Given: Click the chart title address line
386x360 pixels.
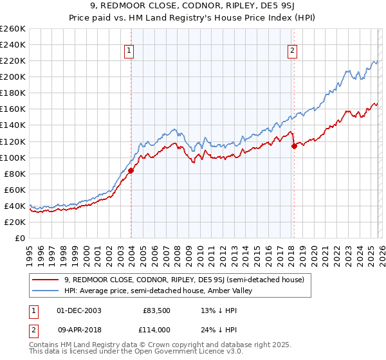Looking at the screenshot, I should tap(193, 6).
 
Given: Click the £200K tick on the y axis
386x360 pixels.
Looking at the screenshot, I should tap(13, 76).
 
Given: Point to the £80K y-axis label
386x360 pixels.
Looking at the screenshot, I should tap(15, 174).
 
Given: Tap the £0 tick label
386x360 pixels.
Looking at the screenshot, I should tap(20, 238).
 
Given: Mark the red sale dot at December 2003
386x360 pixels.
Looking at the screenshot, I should tap(131, 170).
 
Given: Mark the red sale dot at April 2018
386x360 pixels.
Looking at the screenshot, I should tap(294, 146).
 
